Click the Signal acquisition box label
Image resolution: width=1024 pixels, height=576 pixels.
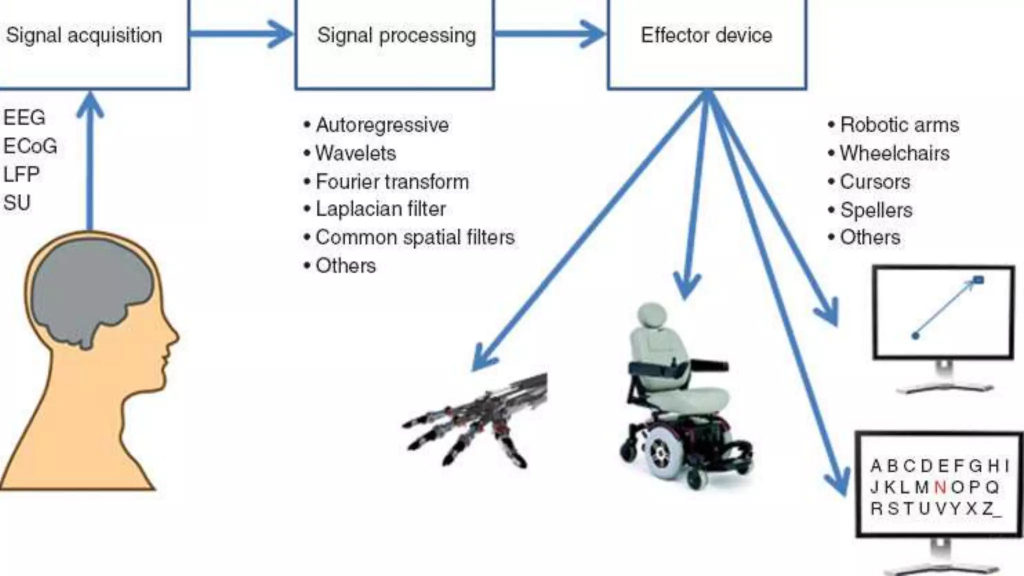pos(84,35)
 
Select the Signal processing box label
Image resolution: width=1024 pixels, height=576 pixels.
pos(396,35)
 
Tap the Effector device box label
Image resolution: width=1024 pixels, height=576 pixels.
pos(706,35)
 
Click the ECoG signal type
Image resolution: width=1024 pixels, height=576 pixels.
pos(30,146)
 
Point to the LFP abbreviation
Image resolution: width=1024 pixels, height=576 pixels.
pos(21,174)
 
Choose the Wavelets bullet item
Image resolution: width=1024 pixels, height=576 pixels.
pos(355,153)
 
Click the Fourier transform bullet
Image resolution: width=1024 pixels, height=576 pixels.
pos(392,181)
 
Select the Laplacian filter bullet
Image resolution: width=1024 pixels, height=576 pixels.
pos(380,209)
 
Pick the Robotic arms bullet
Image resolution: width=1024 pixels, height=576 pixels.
pos(899,124)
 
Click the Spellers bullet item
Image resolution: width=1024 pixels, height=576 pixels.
pos(876,210)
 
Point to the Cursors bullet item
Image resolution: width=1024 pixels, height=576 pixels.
pos(875,181)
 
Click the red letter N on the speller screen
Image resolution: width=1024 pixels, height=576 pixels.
pos(940,487)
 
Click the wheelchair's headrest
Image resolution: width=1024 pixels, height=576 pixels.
pos(652,316)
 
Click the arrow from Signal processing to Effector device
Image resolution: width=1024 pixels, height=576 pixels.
pos(550,34)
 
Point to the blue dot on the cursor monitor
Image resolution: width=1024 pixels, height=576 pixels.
pos(915,335)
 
